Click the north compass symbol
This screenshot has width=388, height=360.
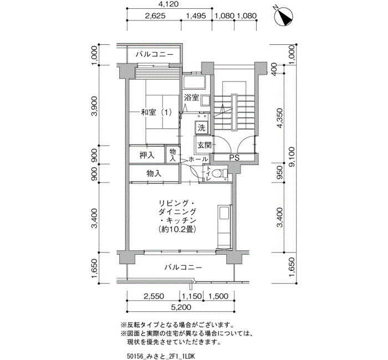click(x=284, y=17)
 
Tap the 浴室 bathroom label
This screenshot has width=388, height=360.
click(x=192, y=97)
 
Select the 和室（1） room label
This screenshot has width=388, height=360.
click(x=156, y=112)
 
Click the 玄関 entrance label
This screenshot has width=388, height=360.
click(x=204, y=145)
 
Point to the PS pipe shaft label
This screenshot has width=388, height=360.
click(x=234, y=157)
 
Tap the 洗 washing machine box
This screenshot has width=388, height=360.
click(x=202, y=128)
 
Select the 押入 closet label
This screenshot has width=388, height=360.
click(x=147, y=155)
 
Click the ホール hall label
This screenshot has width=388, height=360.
click(x=198, y=160)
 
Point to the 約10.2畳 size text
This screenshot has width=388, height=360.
click(x=178, y=229)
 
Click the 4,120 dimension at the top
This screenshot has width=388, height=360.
click(x=169, y=4)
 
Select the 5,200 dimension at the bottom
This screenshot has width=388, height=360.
click(x=182, y=307)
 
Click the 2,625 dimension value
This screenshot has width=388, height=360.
click(x=155, y=16)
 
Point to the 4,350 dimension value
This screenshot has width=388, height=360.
click(x=279, y=118)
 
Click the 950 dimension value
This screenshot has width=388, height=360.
click(x=279, y=173)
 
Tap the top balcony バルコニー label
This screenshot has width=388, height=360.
click(x=154, y=54)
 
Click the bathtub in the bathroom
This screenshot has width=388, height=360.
click(x=194, y=82)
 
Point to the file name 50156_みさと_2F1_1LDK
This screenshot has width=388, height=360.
click(x=161, y=356)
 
